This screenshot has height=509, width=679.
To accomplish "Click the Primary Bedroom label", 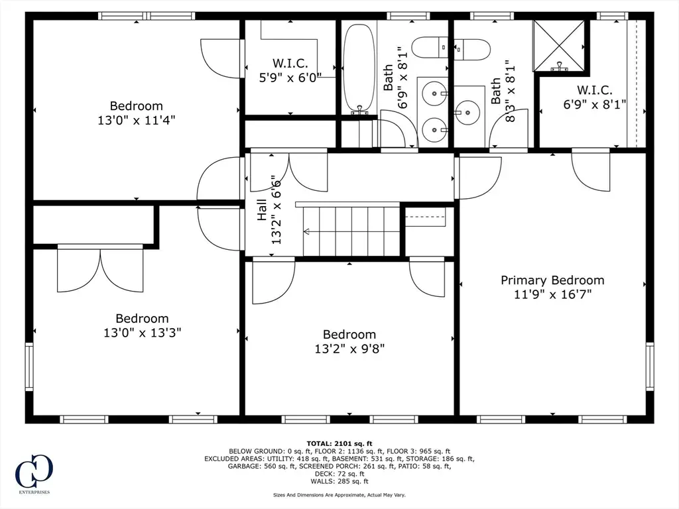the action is [x=552, y=280].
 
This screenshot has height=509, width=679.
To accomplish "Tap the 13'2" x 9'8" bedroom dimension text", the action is [x=349, y=349].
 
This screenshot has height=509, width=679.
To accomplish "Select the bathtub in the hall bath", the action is [x=359, y=68].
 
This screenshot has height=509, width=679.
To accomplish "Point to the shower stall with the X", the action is [x=559, y=46].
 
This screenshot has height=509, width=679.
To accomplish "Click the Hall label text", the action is [x=262, y=210].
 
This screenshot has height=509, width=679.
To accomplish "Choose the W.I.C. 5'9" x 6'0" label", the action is [x=290, y=70].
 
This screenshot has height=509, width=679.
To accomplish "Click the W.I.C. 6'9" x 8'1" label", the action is [x=595, y=97].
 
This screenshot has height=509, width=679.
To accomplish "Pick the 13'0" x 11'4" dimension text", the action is [x=136, y=120].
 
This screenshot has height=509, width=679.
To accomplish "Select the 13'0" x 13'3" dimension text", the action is [x=142, y=333].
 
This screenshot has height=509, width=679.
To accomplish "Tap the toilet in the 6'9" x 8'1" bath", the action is [x=430, y=47].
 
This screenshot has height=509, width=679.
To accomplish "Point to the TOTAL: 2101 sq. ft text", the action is [x=339, y=443].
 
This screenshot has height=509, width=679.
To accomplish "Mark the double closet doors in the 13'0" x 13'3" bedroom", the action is [x=100, y=268].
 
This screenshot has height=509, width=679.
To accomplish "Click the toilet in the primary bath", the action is [x=472, y=49].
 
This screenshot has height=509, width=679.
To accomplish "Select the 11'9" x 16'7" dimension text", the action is [x=552, y=294].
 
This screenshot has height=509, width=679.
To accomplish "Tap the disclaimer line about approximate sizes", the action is [x=339, y=494].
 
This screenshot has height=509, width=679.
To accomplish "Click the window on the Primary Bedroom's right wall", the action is [x=650, y=367].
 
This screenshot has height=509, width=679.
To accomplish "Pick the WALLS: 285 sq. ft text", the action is [x=339, y=481].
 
